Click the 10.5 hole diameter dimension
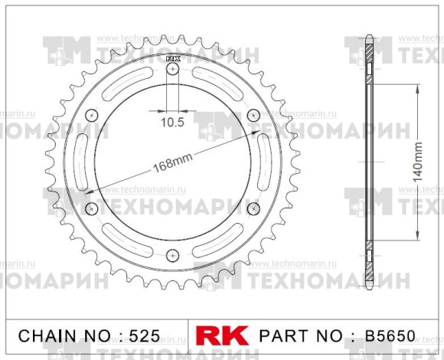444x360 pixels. point(172,121)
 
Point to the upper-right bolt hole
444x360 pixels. point(253,115)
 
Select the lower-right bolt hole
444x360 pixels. point(253,208)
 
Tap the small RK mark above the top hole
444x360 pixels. point(172,57)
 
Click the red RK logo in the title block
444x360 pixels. point(224,335)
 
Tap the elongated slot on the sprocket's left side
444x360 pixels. point(80,161)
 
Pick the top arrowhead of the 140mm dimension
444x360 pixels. point(416,88)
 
